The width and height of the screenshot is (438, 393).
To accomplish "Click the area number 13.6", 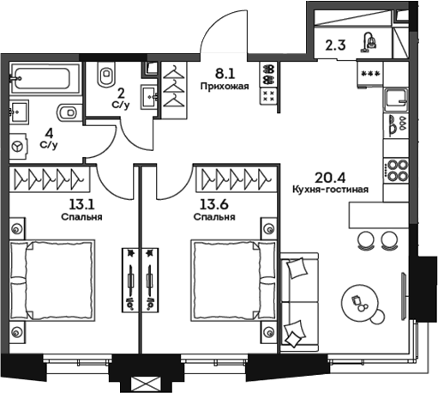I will coord(213,204).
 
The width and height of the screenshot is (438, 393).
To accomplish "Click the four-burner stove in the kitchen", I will coord(396,169).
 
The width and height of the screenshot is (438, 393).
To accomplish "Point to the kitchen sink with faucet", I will coord(397,124).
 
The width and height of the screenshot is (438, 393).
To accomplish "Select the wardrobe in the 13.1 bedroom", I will coord(53,180).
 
